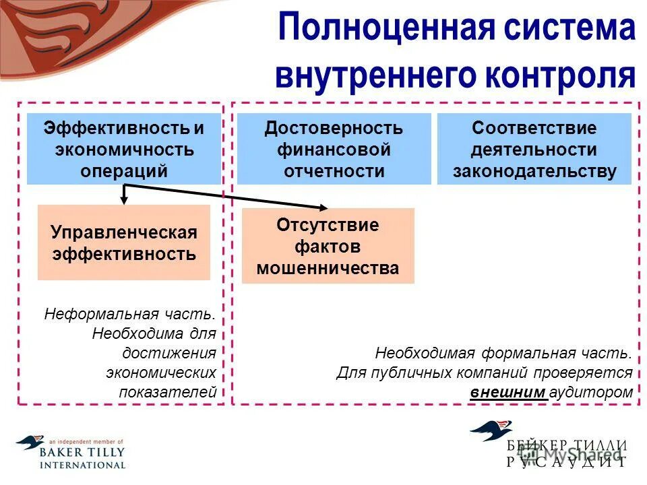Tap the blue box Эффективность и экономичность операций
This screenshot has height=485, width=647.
click(x=123, y=149)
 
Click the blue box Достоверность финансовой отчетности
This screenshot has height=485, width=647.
click(x=334, y=149)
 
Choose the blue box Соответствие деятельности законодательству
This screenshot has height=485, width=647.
click(x=534, y=149)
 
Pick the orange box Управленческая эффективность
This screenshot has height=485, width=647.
click(x=123, y=243)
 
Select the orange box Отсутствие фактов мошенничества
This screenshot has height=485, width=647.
click(x=328, y=246)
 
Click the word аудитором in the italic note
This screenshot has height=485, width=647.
click(x=592, y=392)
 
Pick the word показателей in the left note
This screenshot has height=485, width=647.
click(x=168, y=392)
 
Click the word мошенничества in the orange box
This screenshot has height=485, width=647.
click(x=328, y=268)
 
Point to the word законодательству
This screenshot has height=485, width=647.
click(x=534, y=171)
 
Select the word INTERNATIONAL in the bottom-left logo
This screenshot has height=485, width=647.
click(x=82, y=465)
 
